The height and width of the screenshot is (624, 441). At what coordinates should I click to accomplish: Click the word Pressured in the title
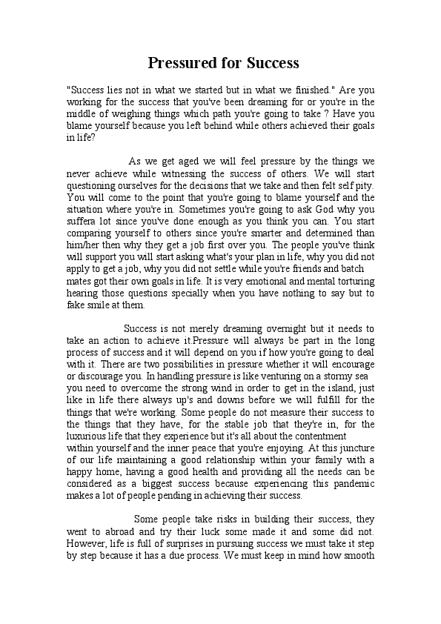pyautogui.click(x=182, y=62)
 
